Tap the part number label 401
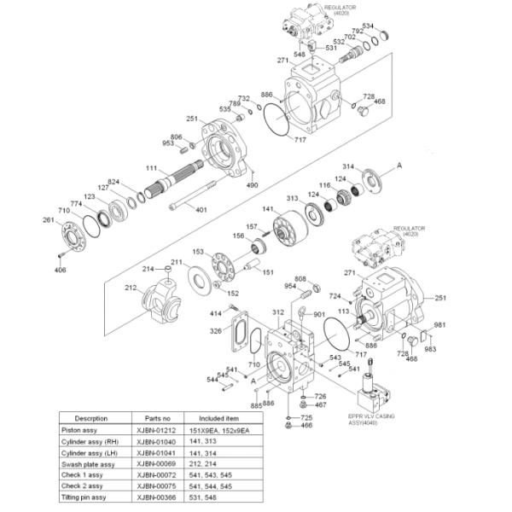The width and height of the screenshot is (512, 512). point(201,210)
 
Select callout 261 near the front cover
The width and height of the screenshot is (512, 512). point(49,220)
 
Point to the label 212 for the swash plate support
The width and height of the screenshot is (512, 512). point(131,288)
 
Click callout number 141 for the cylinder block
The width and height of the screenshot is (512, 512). point(267,210)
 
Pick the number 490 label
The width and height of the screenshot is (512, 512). point(252,185)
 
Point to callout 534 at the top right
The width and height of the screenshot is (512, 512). point(392,26)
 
